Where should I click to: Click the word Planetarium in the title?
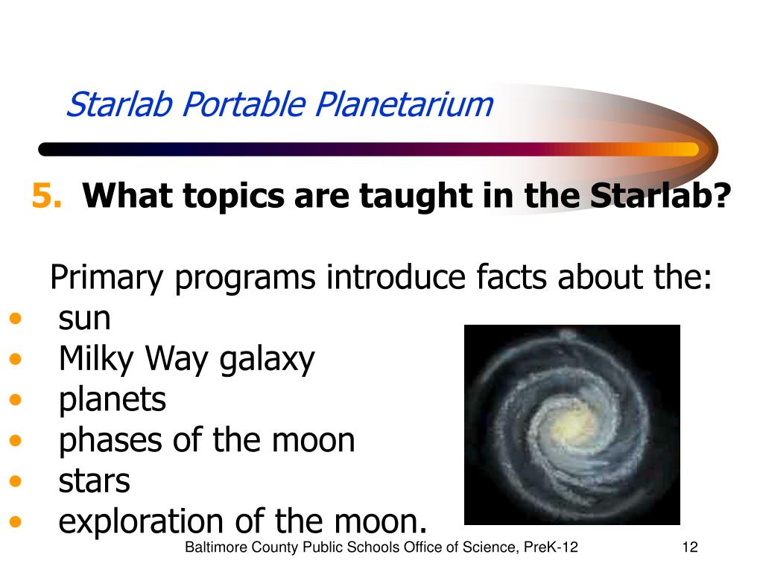pyautogui.click(x=404, y=104)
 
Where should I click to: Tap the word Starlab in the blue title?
pyautogui.click(x=120, y=104)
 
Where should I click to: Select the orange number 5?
pyautogui.click(x=47, y=196)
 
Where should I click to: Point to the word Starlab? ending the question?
pyautogui.click(x=660, y=196)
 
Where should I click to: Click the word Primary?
pyautogui.click(x=107, y=278)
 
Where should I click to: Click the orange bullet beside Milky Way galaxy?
pyautogui.click(x=16, y=359)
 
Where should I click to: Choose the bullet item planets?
pyautogui.click(x=113, y=400)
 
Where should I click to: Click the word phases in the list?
pyautogui.click(x=111, y=441)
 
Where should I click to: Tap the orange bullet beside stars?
pyautogui.click(x=16, y=481)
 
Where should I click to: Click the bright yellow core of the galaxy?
pyautogui.click(x=575, y=422)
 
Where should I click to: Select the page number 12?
pyautogui.click(x=690, y=547)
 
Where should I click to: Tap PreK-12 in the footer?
pyautogui.click(x=551, y=547)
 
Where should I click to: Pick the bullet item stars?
pyautogui.click(x=95, y=482)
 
